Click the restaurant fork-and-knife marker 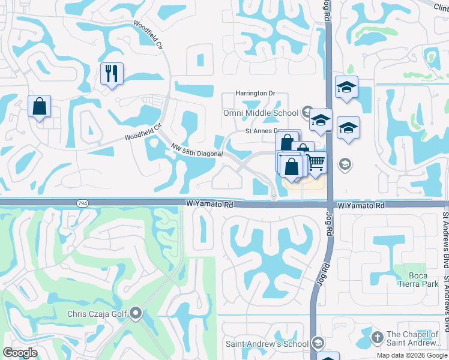[112, 74]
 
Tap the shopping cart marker [316, 161]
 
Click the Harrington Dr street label [255, 94]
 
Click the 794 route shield [81, 204]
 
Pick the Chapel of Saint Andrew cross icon [377, 337]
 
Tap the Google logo [20, 353]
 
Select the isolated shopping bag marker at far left [39, 107]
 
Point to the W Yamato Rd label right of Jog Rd [361, 205]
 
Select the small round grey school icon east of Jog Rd [345, 164]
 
